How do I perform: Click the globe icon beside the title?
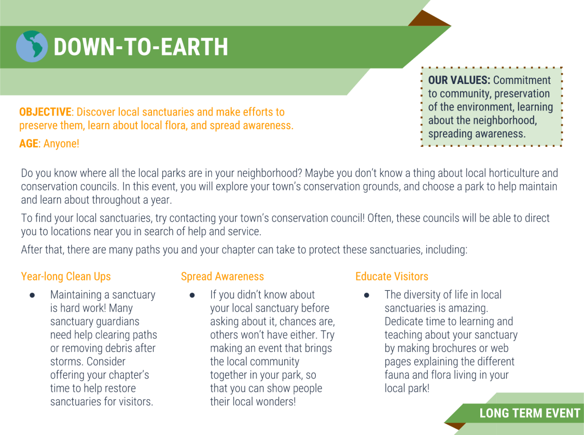click(x=32, y=47)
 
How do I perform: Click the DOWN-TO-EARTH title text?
click(x=141, y=47)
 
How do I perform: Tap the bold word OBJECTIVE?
click(x=45, y=112)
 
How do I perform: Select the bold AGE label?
click(x=29, y=144)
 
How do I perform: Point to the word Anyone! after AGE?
click(x=61, y=144)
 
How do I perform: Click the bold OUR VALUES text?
click(x=459, y=80)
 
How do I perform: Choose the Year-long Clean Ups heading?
click(x=66, y=276)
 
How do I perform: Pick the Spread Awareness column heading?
click(x=222, y=276)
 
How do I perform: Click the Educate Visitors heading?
click(x=392, y=276)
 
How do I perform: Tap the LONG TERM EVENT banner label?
click(x=530, y=413)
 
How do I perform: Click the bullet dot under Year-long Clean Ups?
click(x=32, y=295)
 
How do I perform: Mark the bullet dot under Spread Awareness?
click(x=192, y=295)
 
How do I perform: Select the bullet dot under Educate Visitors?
click(x=366, y=295)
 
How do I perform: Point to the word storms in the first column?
click(x=66, y=361)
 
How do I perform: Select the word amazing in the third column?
click(x=469, y=308)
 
